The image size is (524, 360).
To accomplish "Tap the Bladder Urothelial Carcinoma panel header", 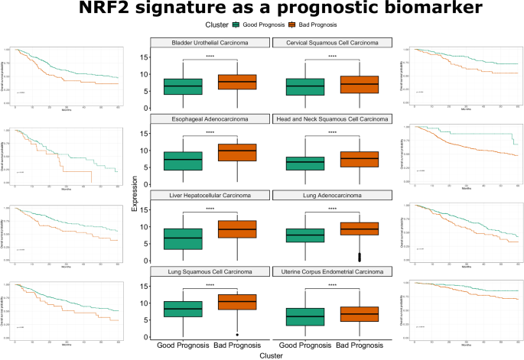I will click(x=210, y=43).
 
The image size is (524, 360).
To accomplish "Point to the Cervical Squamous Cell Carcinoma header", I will click(x=333, y=43).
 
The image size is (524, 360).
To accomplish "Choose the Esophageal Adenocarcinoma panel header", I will click(x=210, y=119).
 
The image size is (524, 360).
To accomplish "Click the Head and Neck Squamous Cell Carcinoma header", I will click(x=333, y=119).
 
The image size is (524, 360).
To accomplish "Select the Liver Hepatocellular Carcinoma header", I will click(x=210, y=196).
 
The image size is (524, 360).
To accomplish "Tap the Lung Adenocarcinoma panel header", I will click(x=333, y=196).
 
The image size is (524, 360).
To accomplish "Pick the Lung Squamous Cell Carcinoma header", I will click(x=210, y=272).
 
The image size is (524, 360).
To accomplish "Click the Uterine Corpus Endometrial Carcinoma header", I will click(x=333, y=272).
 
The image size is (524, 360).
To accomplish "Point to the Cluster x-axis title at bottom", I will click(x=271, y=355).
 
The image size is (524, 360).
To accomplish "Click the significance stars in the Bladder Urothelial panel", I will click(x=210, y=57).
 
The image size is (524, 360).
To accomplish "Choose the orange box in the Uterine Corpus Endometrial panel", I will click(x=360, y=314).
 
